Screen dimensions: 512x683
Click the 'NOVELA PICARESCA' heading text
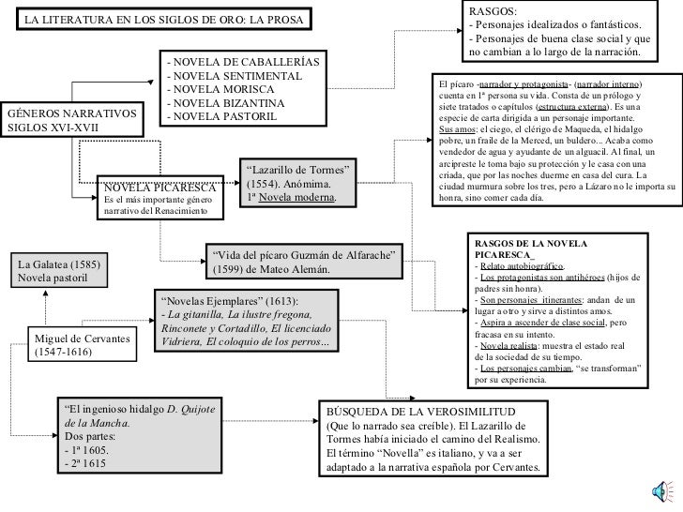click(159, 186)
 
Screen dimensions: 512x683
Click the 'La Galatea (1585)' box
click(73, 270)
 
